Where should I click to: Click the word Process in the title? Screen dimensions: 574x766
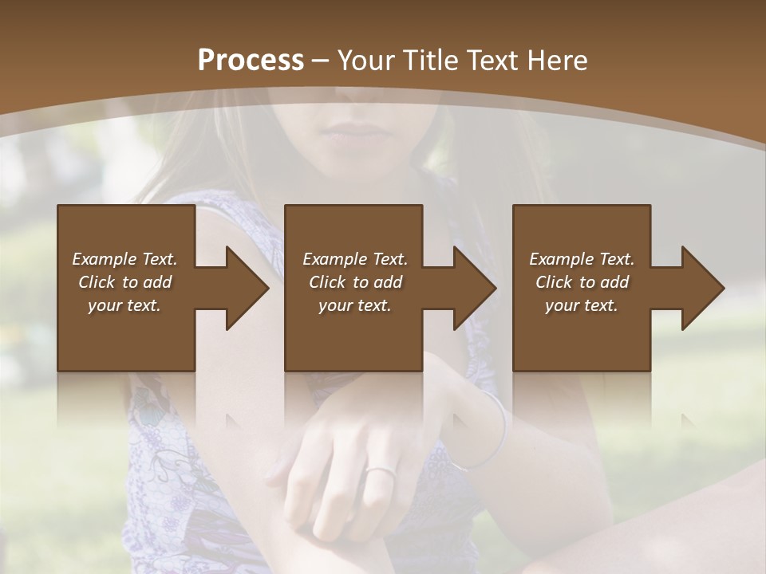(x=251, y=61)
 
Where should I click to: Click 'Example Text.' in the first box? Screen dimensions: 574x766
(x=124, y=259)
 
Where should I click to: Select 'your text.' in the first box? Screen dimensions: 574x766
(x=124, y=305)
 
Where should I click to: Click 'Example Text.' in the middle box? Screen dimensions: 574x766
(x=355, y=259)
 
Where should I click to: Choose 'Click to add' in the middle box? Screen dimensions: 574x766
(x=355, y=282)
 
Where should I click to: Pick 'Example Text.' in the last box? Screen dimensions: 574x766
(x=582, y=259)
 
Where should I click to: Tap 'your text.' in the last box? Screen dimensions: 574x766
(x=582, y=305)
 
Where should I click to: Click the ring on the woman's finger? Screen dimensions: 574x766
(x=380, y=472)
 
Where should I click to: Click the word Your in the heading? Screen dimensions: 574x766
(x=364, y=61)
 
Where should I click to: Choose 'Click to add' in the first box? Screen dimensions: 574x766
(x=124, y=282)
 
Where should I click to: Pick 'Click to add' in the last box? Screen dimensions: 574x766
(x=582, y=282)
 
